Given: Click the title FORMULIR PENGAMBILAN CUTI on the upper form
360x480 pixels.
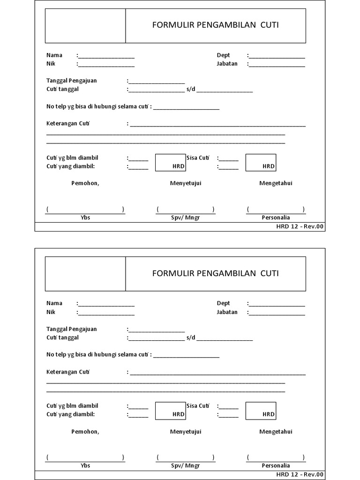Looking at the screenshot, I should (215, 25).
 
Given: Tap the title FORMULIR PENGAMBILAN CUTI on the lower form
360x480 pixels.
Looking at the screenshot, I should (215, 273).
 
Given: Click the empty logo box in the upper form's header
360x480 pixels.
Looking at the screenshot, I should (85, 26).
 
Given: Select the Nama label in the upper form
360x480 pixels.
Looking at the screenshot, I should (54, 55).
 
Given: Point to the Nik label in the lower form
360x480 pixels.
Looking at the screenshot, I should (51, 312).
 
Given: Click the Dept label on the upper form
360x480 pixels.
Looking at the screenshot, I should (223, 55).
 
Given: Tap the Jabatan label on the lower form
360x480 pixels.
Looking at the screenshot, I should (227, 312).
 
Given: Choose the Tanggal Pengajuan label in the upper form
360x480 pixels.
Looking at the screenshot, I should (71, 81).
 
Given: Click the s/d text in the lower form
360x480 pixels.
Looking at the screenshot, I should (190, 337).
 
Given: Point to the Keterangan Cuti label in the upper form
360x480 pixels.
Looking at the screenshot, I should (67, 124).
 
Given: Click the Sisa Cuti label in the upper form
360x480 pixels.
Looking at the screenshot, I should (197, 158).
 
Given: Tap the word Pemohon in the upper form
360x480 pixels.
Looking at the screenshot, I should (85, 183).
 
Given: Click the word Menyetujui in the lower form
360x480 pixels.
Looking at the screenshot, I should (185, 432).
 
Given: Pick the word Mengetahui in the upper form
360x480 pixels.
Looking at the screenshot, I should (276, 183).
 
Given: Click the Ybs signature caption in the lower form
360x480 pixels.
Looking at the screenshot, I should (85, 466).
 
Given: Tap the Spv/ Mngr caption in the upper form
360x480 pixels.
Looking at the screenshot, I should (185, 218).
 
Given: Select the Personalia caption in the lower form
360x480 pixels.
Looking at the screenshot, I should (276, 466).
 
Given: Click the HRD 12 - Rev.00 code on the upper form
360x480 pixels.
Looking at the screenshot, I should (300, 227).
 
